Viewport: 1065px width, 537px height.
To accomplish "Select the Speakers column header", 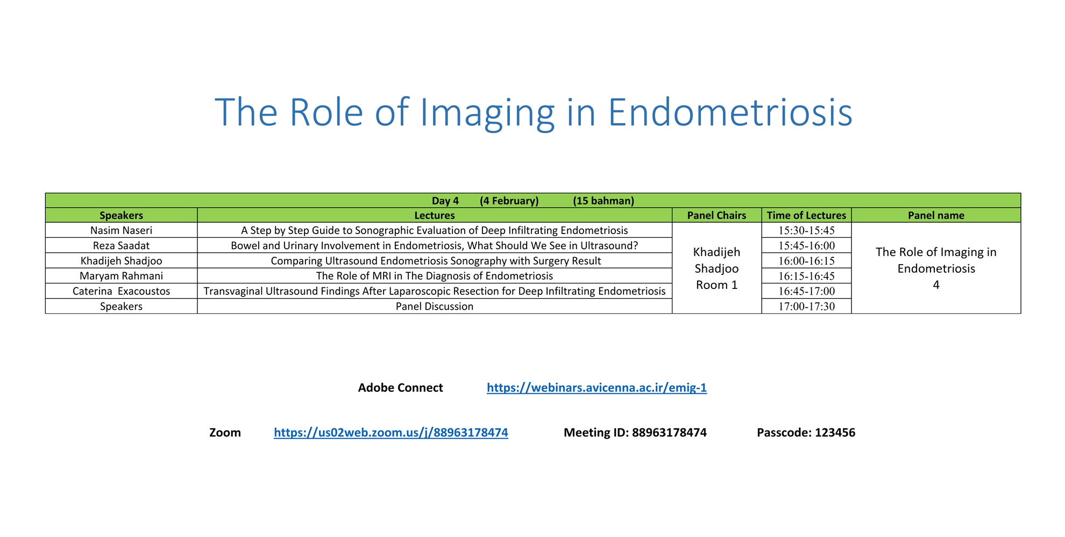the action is pyautogui.click(x=121, y=215).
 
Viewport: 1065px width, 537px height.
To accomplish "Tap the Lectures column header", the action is pyautogui.click(x=435, y=215).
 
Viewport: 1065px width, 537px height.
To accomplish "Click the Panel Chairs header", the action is pyautogui.click(x=716, y=215).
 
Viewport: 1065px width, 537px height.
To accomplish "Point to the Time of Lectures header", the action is pyautogui.click(x=806, y=215).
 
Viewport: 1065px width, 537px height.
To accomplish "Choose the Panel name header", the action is pyautogui.click(x=936, y=215).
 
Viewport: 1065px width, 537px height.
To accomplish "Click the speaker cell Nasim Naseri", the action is pyautogui.click(x=121, y=230).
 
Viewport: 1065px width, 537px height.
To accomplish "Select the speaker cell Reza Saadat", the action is pyautogui.click(x=121, y=245).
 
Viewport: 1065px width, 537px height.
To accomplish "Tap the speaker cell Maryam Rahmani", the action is pyautogui.click(x=121, y=276).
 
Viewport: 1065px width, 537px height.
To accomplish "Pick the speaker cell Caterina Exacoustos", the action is pyautogui.click(x=121, y=291).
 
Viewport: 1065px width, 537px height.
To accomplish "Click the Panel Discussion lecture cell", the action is pyautogui.click(x=435, y=306).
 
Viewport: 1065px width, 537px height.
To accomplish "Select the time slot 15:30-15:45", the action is pyautogui.click(x=806, y=230).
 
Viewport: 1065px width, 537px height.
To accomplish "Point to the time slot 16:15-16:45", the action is pyautogui.click(x=806, y=276).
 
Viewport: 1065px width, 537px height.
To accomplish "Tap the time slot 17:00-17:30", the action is pyautogui.click(x=806, y=306).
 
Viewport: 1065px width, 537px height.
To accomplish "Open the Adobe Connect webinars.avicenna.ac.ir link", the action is pyautogui.click(x=597, y=387).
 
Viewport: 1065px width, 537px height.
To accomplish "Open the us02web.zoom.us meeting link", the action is pyautogui.click(x=391, y=433).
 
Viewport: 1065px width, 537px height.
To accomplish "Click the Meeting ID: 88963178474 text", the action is pyautogui.click(x=635, y=433).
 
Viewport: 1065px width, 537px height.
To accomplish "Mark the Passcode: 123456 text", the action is pyautogui.click(x=806, y=433).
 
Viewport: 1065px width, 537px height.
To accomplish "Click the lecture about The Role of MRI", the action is pyautogui.click(x=435, y=276).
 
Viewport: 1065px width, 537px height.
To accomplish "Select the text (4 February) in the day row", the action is pyautogui.click(x=509, y=201).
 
